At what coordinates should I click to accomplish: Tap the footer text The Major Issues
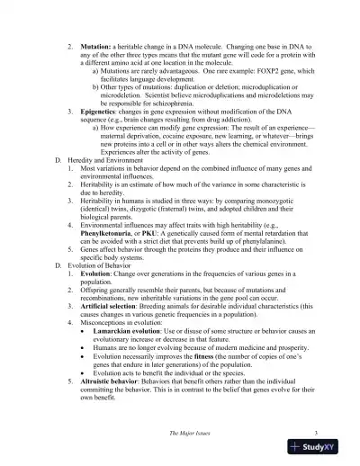point(191,434)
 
